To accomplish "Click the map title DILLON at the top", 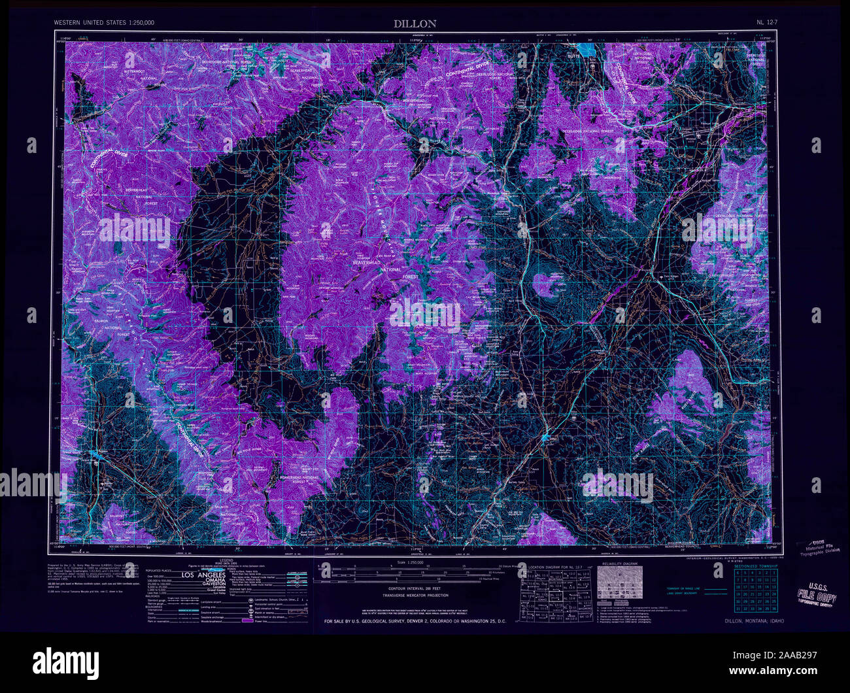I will (x=415, y=24).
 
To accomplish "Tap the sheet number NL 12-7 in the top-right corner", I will (x=766, y=23).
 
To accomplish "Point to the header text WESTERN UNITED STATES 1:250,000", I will (x=105, y=23).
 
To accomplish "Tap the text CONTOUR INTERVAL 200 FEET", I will (x=415, y=588).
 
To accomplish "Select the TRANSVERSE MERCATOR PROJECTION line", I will (x=415, y=596).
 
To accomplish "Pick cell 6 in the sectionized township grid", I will (x=737, y=573).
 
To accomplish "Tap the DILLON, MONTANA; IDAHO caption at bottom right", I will (x=754, y=621).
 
